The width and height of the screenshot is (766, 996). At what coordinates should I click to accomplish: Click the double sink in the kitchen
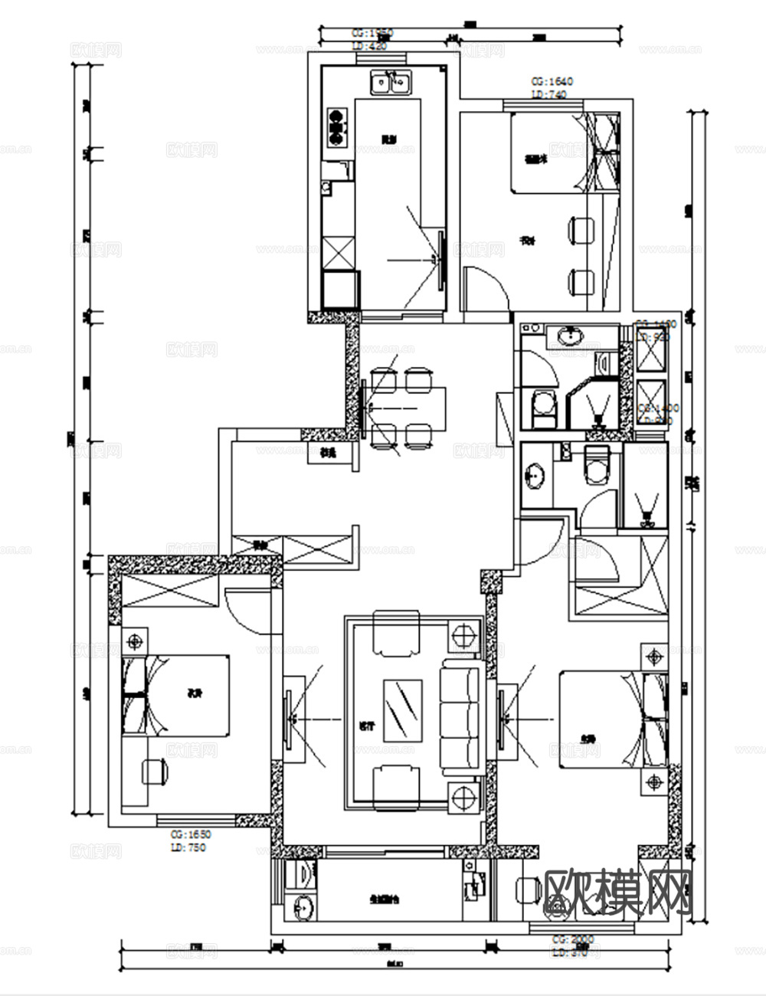[391, 81]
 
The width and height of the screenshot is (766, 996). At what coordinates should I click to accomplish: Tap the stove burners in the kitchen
[336, 127]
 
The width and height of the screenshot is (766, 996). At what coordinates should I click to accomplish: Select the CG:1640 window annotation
[552, 80]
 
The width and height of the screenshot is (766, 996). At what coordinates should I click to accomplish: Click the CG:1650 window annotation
[190, 834]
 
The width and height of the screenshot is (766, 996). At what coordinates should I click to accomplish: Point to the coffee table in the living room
[403, 709]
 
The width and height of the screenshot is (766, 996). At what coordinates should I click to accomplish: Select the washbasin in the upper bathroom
[570, 336]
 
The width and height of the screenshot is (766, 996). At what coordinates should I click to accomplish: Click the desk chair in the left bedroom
[155, 771]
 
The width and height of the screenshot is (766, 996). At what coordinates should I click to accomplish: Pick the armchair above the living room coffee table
[396, 632]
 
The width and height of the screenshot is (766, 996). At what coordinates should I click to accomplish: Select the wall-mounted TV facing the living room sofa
[290, 719]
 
